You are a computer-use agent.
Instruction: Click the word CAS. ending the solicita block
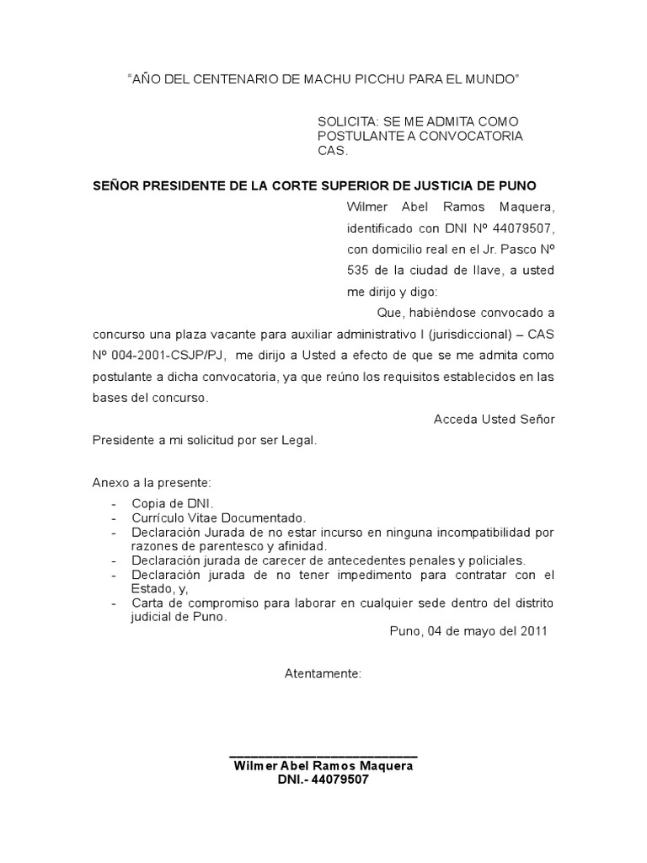pyautogui.click(x=332, y=151)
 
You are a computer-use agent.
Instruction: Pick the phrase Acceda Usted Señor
pyautogui.click(x=494, y=419)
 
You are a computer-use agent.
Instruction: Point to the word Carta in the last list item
pyautogui.click(x=147, y=603)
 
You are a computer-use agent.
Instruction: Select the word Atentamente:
pyautogui.click(x=323, y=674)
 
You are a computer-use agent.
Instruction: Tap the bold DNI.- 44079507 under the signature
pyautogui.click(x=323, y=780)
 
